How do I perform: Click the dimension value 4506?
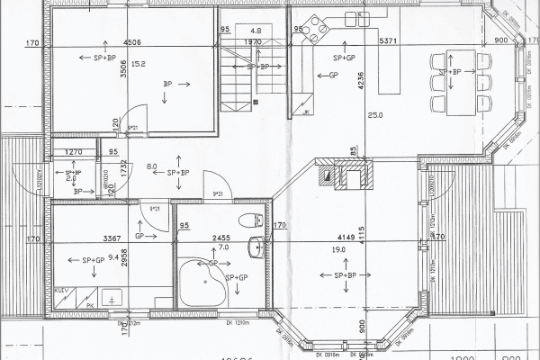(x=132, y=41)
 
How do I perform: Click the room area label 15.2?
(x=139, y=64)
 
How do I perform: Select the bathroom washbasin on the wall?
(x=258, y=244)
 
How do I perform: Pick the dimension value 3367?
(x=112, y=238)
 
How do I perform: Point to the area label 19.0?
(x=339, y=249)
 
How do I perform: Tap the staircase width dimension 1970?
(x=253, y=41)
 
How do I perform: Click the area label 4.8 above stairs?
(x=256, y=30)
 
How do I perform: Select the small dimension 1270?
(x=74, y=152)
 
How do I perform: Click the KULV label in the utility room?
(x=62, y=292)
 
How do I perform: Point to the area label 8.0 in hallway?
(x=152, y=166)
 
